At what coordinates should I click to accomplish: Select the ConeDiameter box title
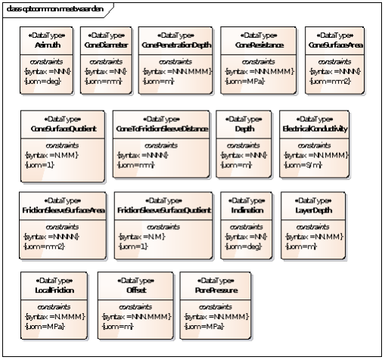[107, 45]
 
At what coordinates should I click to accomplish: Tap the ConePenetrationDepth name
[175, 45]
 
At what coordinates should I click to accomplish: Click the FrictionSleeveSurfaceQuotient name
[163, 209]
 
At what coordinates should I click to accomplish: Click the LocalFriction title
[53, 290]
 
